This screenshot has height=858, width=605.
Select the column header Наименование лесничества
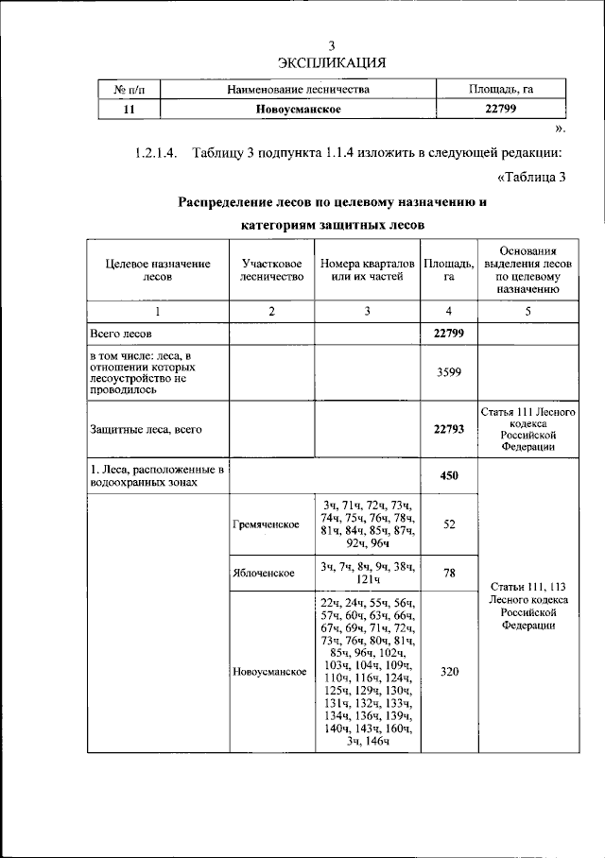298,90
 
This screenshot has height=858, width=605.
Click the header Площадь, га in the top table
502,90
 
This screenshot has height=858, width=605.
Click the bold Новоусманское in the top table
298,110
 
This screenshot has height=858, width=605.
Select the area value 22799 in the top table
502,110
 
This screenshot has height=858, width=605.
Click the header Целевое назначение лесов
158,270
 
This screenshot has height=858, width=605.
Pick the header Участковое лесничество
271,270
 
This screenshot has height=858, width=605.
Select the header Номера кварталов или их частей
367,270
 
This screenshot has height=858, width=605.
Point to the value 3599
449,372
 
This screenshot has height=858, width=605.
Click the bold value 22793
449,429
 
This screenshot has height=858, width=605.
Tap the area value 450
449,475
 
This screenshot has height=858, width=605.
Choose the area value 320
449,671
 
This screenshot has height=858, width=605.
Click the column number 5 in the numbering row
528,312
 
